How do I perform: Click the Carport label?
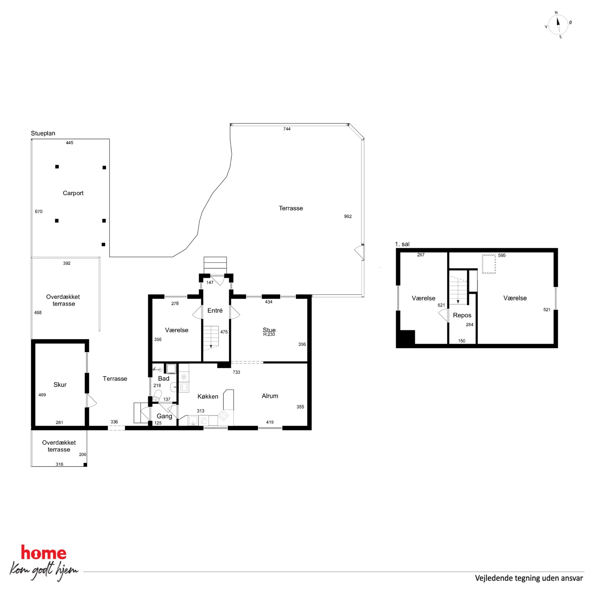(73, 193)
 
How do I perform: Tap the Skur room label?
(60, 385)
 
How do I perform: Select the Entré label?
(215, 310)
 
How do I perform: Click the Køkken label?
(208, 396)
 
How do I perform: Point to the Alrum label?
(270, 396)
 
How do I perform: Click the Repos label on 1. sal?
(462, 315)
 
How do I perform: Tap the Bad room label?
(164, 378)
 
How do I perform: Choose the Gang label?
(164, 416)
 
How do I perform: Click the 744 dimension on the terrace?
(287, 129)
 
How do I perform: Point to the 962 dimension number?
(348, 216)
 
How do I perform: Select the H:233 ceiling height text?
(269, 335)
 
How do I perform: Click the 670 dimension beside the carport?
(39, 212)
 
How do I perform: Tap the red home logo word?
(44, 553)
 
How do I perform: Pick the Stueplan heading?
(43, 133)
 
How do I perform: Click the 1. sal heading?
(402, 244)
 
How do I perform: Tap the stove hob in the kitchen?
(224, 416)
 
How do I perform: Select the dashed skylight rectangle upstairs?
(489, 264)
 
